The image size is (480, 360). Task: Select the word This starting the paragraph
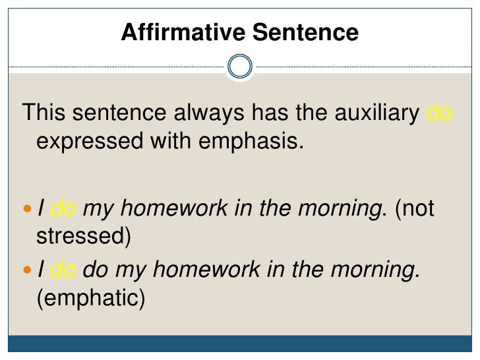[44, 113]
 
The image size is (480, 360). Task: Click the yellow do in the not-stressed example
[65, 210]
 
